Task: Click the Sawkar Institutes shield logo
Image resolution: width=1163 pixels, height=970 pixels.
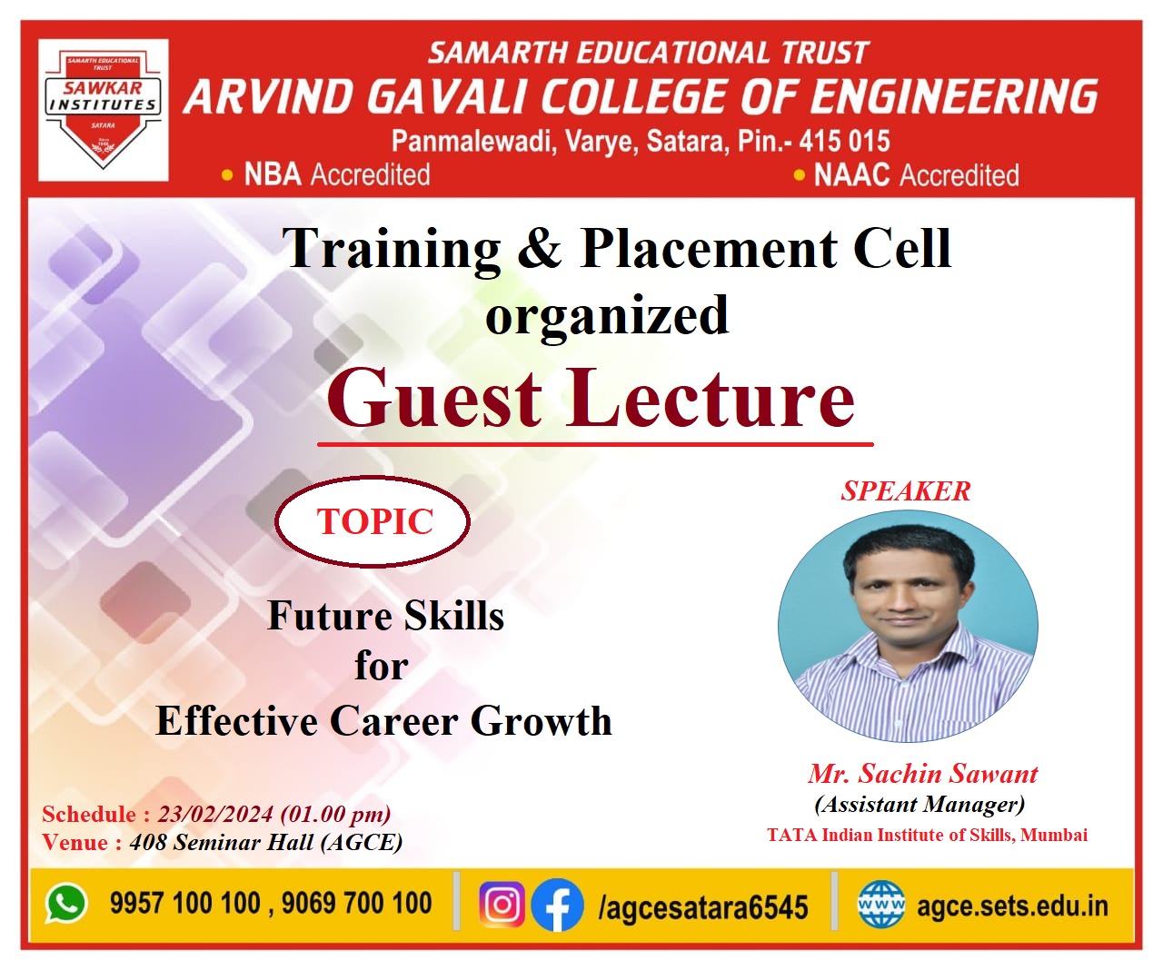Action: click(103, 110)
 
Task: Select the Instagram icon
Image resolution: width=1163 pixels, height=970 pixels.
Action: click(502, 905)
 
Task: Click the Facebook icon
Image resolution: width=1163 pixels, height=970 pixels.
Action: click(557, 905)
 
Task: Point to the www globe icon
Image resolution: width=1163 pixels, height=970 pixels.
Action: click(881, 905)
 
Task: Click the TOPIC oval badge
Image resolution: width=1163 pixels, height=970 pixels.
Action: click(373, 521)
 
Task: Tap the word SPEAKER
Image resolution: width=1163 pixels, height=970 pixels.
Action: click(906, 491)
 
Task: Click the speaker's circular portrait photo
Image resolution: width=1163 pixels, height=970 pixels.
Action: click(908, 627)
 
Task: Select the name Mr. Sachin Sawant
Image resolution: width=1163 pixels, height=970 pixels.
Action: click(923, 774)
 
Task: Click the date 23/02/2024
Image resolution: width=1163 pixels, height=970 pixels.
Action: click(215, 814)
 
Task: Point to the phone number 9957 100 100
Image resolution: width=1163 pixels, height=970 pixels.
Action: click(185, 903)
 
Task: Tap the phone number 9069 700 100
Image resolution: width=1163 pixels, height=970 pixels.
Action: click(356, 903)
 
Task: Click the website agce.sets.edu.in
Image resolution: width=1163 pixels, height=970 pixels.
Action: click(1012, 906)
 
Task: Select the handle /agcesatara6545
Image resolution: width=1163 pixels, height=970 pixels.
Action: click(703, 906)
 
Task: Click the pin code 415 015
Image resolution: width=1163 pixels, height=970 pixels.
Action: click(844, 141)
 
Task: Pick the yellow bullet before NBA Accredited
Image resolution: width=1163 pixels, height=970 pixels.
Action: click(227, 175)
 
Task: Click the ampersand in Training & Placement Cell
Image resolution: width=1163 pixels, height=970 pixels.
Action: click(539, 248)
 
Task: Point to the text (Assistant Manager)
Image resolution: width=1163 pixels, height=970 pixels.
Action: click(919, 805)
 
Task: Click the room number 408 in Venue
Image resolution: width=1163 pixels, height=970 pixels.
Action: click(147, 842)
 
